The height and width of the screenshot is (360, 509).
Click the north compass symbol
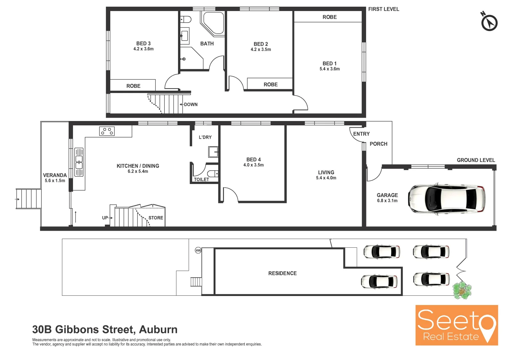click(x=489, y=23)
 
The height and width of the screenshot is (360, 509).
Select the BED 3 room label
click(x=143, y=44)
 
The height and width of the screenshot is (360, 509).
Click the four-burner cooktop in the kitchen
click(x=107, y=131)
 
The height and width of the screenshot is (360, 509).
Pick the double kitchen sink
click(x=79, y=162)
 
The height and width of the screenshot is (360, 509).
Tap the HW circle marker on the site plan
click(x=198, y=250)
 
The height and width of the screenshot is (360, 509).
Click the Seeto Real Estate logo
click(x=456, y=325)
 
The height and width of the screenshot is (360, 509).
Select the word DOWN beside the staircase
click(x=191, y=105)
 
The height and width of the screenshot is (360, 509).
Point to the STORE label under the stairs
click(x=156, y=218)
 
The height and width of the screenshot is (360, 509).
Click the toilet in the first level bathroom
click(x=186, y=19)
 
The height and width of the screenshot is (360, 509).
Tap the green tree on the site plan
click(x=462, y=290)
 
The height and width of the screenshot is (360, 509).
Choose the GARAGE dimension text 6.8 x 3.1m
click(x=387, y=201)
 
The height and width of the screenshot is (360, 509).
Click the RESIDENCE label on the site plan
click(x=282, y=273)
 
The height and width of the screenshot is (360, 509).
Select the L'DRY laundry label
click(x=205, y=137)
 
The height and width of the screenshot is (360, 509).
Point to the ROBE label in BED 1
click(x=329, y=17)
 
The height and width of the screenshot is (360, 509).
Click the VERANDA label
click(x=55, y=175)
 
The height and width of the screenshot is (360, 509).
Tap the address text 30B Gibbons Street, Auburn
click(x=105, y=329)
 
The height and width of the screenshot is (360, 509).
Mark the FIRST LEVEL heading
click(x=383, y=9)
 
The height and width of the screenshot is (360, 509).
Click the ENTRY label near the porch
click(x=361, y=134)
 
